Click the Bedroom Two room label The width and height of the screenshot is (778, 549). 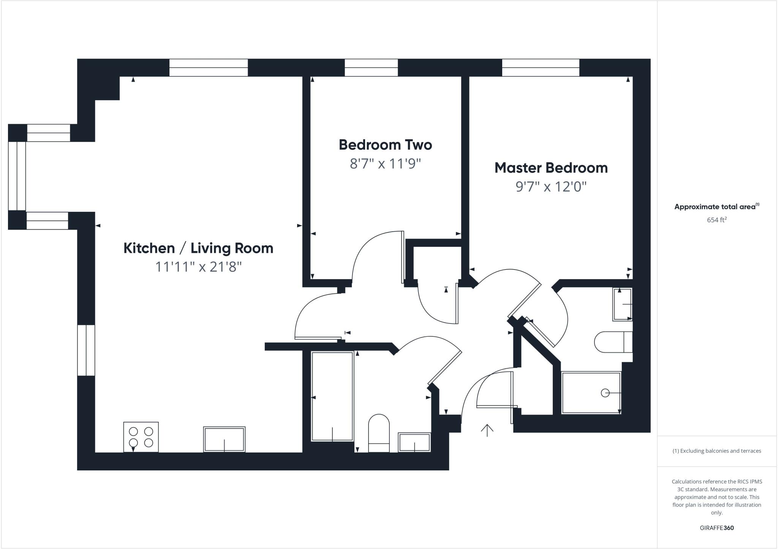[x=385, y=145]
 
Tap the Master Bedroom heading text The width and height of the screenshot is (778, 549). [x=551, y=168]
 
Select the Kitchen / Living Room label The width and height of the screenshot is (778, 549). [x=198, y=248]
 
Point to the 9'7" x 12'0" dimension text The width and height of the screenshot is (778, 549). [x=551, y=187]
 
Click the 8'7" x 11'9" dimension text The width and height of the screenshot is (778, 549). [x=385, y=164]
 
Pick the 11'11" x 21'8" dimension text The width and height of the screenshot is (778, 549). [x=198, y=267]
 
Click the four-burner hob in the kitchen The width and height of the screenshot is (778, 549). [x=141, y=437]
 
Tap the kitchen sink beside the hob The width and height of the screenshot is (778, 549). [x=224, y=439]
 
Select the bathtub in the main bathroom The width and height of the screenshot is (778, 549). [x=332, y=396]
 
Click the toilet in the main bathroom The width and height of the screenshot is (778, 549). [x=379, y=433]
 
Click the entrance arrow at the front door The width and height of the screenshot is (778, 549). [x=487, y=430]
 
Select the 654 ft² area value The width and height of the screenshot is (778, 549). [x=716, y=220]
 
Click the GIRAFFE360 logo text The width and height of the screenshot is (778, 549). [x=716, y=528]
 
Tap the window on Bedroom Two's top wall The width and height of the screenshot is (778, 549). [x=371, y=68]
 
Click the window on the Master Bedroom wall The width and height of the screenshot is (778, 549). [x=541, y=68]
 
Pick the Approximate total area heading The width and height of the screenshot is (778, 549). [x=716, y=207]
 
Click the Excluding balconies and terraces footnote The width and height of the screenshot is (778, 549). [x=716, y=451]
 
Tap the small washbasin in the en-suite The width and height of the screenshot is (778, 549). [x=622, y=304]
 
